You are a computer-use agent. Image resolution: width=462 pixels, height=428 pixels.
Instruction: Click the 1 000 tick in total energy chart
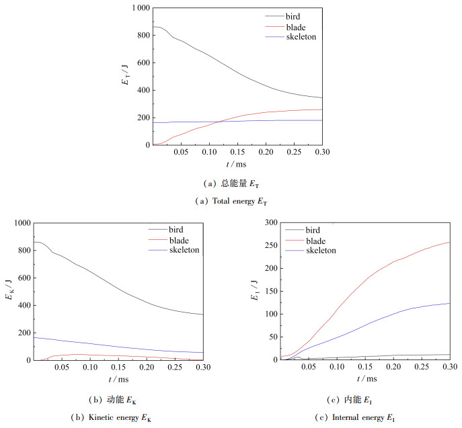pos(139,8)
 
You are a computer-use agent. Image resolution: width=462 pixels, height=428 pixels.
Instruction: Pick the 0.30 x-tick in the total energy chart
pos(321,153)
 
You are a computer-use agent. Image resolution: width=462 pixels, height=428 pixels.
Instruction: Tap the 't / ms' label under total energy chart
pos(236,163)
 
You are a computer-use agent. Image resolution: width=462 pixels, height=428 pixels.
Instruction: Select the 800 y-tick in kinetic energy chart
pos(22,251)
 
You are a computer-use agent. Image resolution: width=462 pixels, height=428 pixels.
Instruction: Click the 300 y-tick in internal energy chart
pos(272,222)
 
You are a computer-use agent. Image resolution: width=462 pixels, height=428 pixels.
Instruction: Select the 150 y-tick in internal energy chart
pos(272,291)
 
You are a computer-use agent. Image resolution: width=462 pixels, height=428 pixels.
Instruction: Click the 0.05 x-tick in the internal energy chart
pos(309,368)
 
